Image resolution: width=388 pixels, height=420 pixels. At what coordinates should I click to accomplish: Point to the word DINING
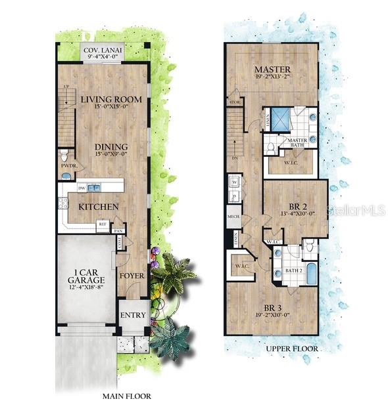tap(102, 147)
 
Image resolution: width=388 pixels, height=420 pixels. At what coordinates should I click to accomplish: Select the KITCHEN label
tap(99, 207)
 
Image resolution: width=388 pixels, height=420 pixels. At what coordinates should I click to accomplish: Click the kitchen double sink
tap(93, 188)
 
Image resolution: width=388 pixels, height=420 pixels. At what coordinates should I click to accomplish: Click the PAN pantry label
tap(118, 231)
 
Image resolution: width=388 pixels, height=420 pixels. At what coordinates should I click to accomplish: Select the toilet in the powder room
tap(63, 156)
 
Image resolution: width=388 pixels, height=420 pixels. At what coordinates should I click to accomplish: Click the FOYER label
tap(132, 276)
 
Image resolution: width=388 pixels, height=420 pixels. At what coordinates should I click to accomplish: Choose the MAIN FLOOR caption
tap(127, 396)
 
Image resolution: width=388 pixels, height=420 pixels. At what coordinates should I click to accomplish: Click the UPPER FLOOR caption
tap(293, 348)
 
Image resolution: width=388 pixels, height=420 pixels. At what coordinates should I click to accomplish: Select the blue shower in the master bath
tap(281, 118)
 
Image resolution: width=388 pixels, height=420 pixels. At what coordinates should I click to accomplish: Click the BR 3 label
tap(274, 307)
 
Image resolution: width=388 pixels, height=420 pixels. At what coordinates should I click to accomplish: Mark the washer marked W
tap(234, 182)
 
